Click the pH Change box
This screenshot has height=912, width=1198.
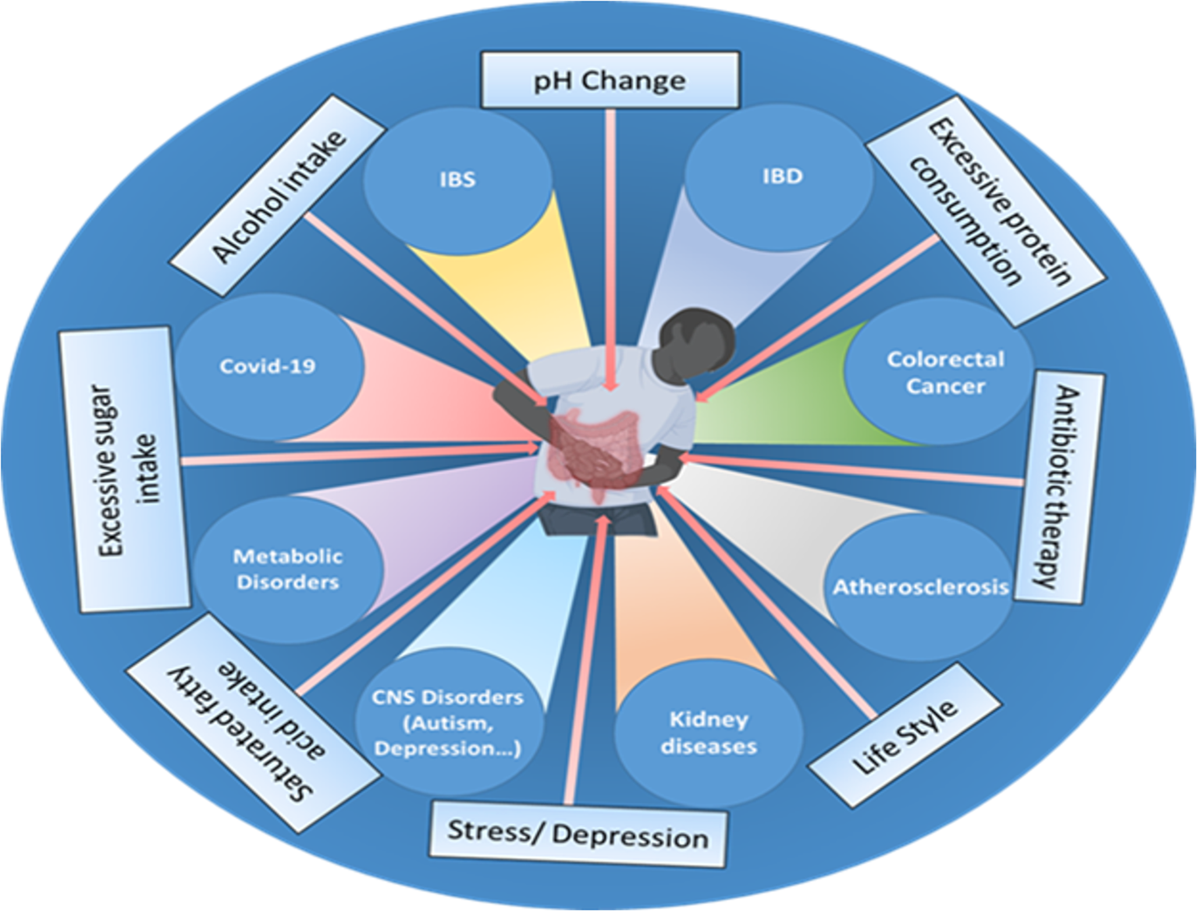[x=610, y=80]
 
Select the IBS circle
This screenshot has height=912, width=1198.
[x=457, y=179]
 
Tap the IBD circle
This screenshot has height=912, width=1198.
[x=781, y=176]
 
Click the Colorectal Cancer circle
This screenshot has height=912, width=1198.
[x=945, y=372]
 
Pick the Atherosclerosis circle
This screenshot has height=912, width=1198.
[x=920, y=587]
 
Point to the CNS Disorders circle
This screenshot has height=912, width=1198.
[x=447, y=722]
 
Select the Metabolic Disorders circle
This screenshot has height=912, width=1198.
[x=288, y=569]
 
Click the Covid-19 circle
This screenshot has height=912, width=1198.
[x=268, y=366]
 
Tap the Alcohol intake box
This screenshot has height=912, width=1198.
[x=279, y=196]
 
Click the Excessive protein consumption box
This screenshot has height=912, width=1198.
[x=986, y=210]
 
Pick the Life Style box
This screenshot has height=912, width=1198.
[x=905, y=736]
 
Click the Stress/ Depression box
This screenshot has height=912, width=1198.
[x=578, y=834]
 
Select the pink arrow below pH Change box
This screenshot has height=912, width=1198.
[x=610, y=250]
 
